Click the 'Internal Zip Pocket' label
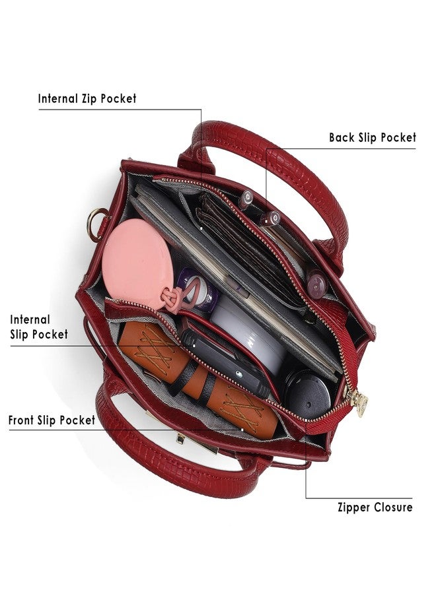click(x=87, y=99)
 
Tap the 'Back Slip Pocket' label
click(x=373, y=137)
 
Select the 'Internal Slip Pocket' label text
click(x=39, y=327)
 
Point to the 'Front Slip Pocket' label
click(x=52, y=420)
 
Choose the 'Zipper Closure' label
click(x=375, y=508)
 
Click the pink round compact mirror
click(x=137, y=262)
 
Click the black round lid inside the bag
click(x=307, y=393)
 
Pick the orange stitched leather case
click(x=197, y=379)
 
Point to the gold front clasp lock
click(x=180, y=439)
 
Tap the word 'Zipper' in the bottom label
click(x=354, y=508)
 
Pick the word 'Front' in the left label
click(x=21, y=420)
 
